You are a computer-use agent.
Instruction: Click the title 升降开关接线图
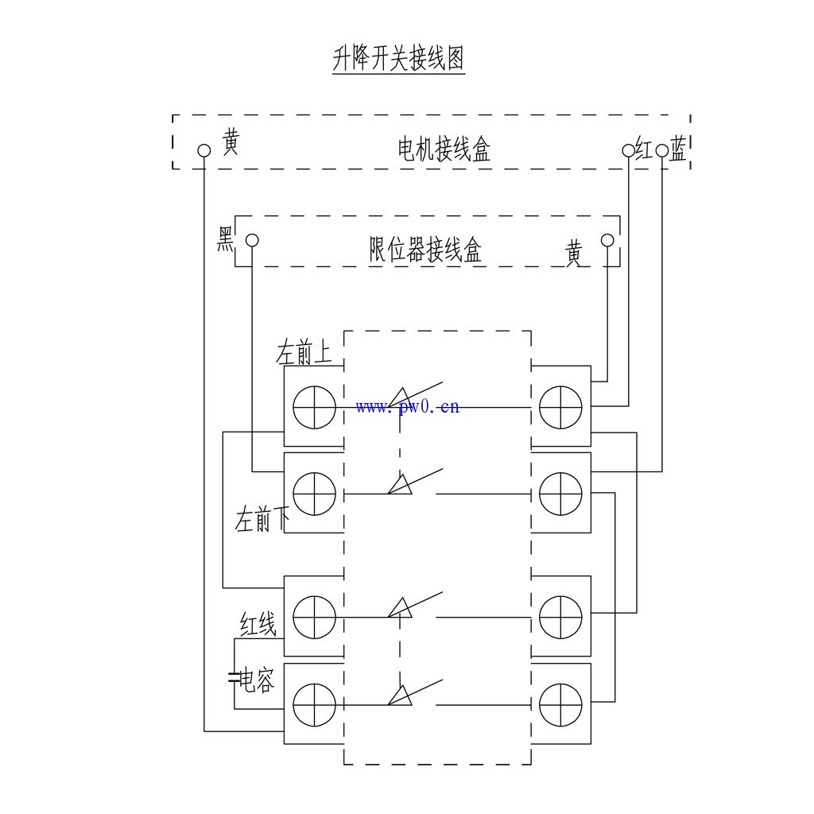398,59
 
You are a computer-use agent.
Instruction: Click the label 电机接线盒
444,149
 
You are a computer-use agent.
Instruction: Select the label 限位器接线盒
425,250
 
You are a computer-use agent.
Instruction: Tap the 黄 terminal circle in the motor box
204,150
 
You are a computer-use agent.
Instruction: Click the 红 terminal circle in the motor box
629,149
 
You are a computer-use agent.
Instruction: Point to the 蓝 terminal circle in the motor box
662,149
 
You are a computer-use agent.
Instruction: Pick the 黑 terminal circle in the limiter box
252,240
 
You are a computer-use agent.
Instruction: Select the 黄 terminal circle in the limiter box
607,240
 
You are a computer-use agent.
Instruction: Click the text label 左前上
304,353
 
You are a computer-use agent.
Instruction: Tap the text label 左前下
262,521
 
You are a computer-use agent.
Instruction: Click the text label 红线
258,626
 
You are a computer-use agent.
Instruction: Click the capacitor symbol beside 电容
234,678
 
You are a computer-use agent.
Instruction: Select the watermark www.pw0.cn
408,407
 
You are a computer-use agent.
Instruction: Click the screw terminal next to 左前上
314,407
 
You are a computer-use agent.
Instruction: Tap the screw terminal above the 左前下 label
314,494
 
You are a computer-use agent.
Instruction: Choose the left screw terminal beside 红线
314,617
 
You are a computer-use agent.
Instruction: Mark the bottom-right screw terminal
560,704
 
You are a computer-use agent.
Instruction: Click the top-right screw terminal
560,407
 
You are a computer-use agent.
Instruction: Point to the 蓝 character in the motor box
678,149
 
